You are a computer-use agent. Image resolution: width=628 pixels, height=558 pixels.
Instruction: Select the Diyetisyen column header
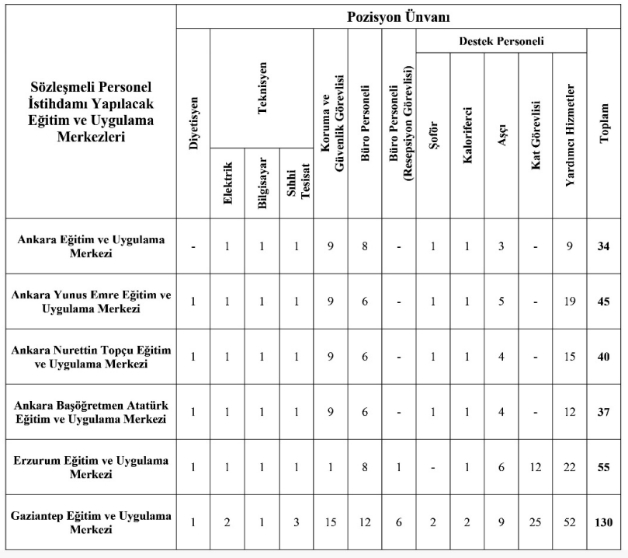tap(194, 124)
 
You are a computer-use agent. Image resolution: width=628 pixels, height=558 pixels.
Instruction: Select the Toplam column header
tap(604, 124)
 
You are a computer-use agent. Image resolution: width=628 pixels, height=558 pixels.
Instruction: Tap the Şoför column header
tap(433, 136)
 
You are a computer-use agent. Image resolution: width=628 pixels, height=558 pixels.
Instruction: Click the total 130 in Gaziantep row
tap(604, 522)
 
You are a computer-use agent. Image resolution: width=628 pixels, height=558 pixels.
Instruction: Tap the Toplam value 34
tap(604, 246)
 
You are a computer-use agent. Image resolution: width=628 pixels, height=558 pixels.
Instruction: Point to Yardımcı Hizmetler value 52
tap(570, 522)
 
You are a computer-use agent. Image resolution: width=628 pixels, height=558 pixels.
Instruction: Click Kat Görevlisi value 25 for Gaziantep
tap(536, 522)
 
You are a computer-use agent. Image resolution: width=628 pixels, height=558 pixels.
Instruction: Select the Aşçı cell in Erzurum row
tap(501, 467)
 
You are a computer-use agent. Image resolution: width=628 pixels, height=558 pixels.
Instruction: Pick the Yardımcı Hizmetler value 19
tap(570, 302)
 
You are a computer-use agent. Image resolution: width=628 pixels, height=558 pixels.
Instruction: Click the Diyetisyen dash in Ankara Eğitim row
tap(194, 246)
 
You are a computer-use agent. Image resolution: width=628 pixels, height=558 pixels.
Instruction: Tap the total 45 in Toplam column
tap(604, 302)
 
